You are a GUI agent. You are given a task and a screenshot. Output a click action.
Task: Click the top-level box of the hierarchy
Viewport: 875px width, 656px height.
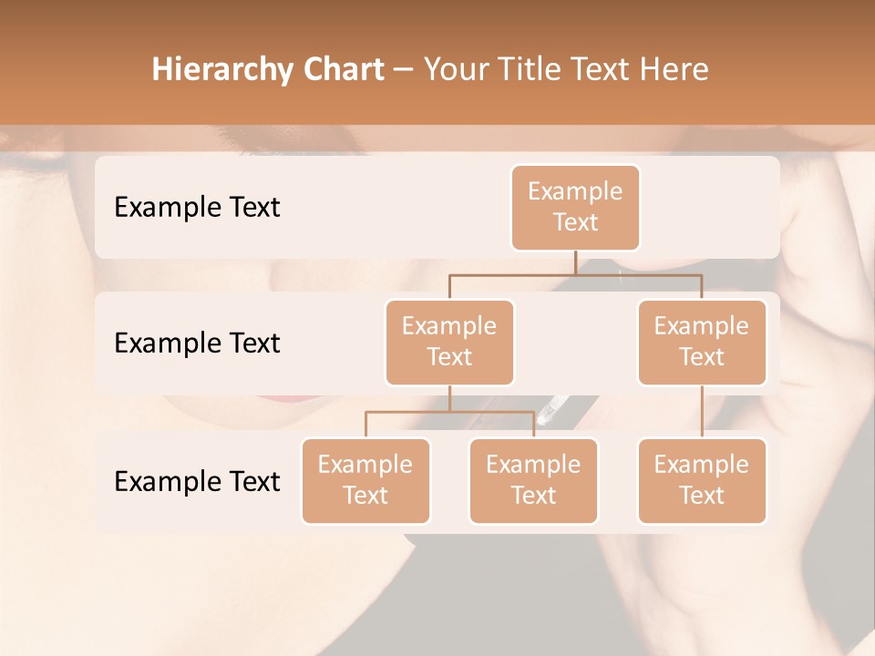[575, 207]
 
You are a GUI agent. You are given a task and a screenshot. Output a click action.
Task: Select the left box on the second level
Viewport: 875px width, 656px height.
[449, 342]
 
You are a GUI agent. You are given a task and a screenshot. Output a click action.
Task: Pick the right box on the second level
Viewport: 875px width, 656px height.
[702, 342]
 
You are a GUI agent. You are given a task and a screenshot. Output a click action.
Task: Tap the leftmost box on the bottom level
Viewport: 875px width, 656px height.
[365, 480]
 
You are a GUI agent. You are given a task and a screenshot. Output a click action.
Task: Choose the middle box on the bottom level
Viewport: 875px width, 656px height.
[533, 480]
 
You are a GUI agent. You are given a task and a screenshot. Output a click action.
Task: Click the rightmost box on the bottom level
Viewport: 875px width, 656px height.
[702, 480]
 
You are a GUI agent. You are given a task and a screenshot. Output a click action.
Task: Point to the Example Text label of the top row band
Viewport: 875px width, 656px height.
[197, 208]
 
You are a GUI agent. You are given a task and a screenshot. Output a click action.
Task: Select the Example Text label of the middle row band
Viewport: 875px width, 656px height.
[197, 343]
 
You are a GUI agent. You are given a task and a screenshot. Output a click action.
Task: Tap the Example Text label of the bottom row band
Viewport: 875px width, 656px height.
[197, 481]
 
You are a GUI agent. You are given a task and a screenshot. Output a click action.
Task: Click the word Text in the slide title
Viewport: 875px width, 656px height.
[600, 69]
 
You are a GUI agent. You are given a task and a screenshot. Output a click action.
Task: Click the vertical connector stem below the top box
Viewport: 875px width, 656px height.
[575, 262]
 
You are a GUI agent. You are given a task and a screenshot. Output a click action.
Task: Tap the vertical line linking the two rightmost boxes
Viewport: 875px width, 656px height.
[702, 412]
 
